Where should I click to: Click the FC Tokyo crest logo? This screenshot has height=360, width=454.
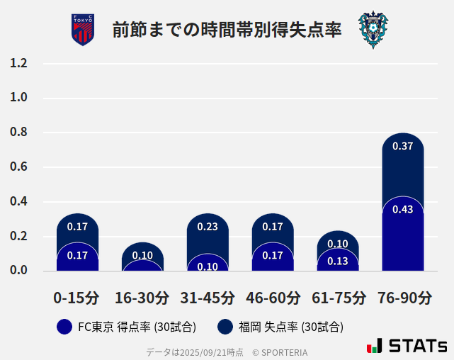click(83, 30)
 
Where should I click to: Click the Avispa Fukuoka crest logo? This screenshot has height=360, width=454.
click(373, 30)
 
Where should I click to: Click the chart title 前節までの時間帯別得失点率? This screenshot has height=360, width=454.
click(227, 30)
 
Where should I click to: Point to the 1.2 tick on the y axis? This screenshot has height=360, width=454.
click(18, 64)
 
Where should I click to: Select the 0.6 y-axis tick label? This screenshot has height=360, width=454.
click(18, 167)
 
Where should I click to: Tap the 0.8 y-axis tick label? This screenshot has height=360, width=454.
click(18, 133)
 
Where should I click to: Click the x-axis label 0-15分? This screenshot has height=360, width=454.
click(77, 298)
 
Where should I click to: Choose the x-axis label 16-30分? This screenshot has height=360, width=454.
click(142, 298)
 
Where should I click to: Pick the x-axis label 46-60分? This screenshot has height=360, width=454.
click(273, 298)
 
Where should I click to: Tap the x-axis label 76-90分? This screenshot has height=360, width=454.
click(403, 298)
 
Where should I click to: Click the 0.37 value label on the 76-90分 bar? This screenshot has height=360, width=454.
click(402, 147)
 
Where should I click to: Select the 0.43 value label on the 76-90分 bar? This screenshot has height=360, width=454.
click(402, 209)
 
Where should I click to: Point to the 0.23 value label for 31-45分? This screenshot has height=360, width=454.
click(208, 227)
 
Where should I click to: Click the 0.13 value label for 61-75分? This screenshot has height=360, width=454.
click(338, 261)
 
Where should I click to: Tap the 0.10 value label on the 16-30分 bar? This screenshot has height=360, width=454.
click(142, 256)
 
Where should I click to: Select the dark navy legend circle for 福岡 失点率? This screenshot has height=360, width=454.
click(225, 327)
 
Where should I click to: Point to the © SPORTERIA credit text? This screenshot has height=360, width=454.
click(280, 351)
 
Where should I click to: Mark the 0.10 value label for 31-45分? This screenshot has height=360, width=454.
click(208, 266)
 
